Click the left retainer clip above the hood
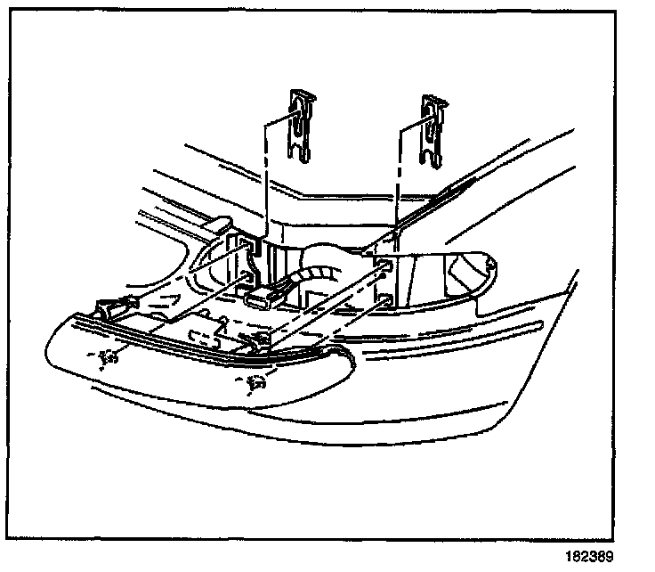click(x=302, y=125)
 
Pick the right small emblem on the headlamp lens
click(x=255, y=386)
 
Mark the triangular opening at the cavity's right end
click(x=465, y=266)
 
